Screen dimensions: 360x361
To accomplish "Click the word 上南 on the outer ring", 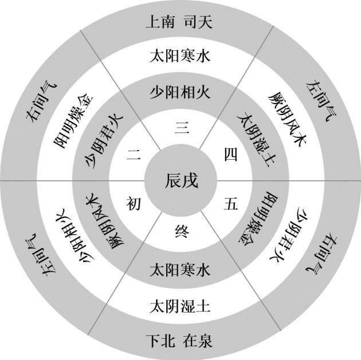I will (x=159, y=23).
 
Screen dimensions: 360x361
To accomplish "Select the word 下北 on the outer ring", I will (x=159, y=338).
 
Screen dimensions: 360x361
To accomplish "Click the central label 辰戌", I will (x=180, y=181).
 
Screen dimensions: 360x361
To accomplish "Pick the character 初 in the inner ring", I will (x=134, y=203).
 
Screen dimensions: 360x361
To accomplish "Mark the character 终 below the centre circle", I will (x=180, y=232).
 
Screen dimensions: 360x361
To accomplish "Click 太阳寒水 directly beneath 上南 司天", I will (x=180, y=57).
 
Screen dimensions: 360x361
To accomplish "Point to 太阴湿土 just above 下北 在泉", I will (x=180, y=304).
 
